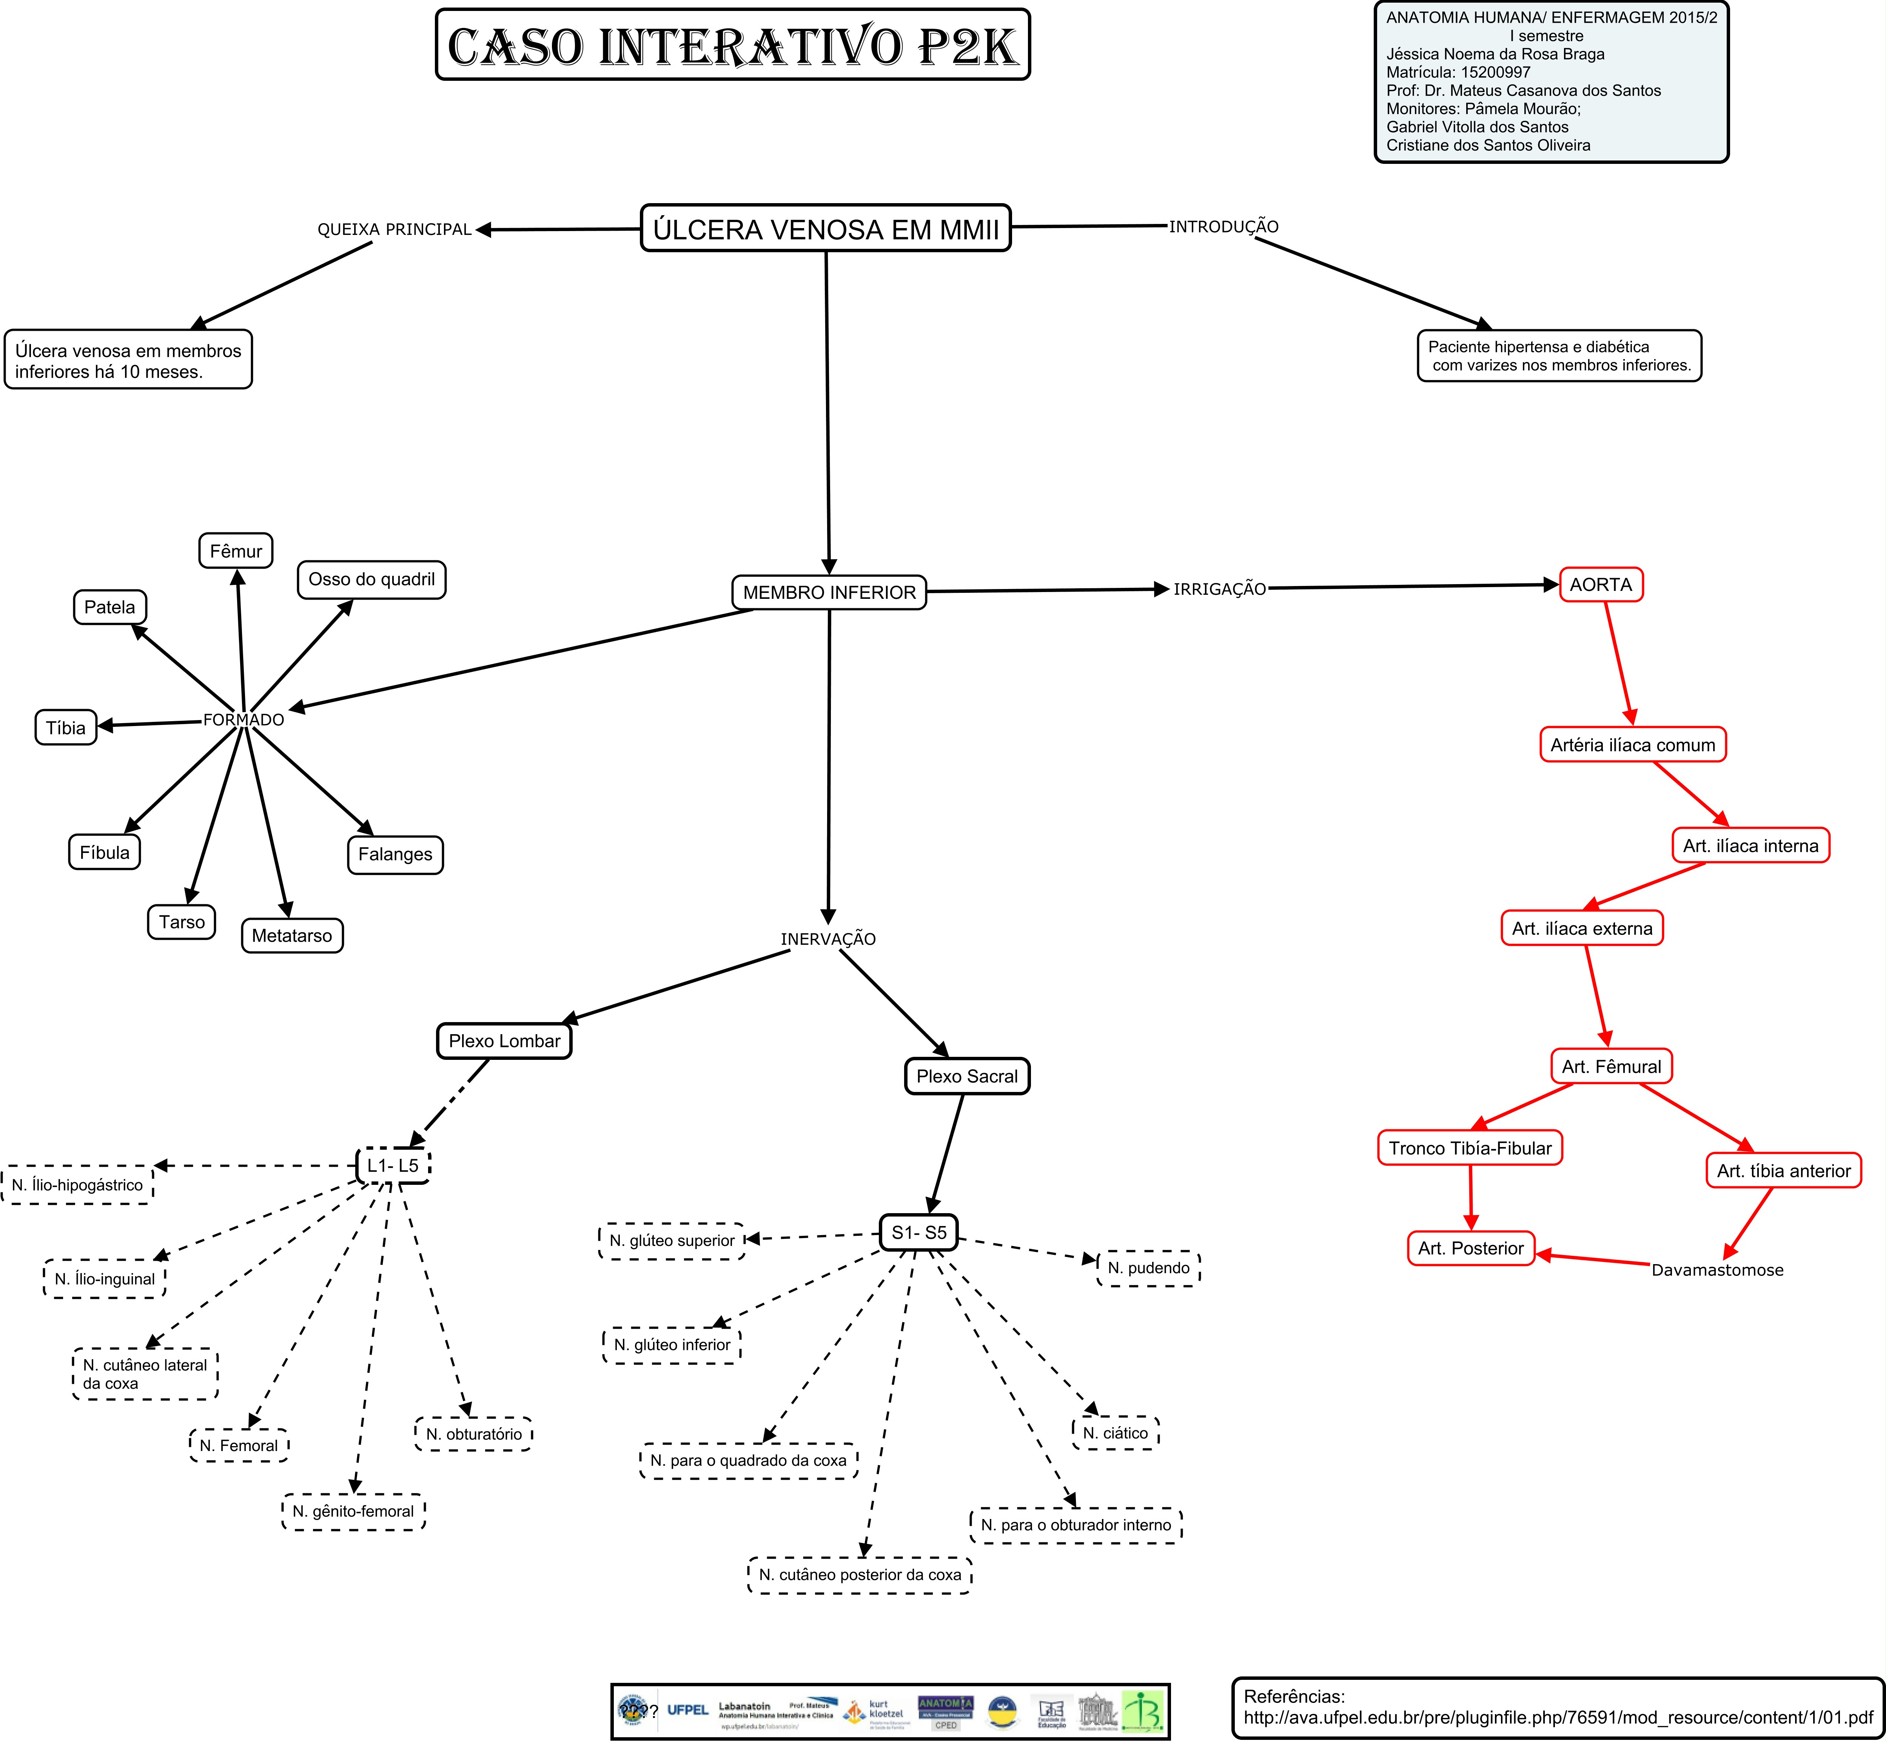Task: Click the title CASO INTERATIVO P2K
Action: (733, 45)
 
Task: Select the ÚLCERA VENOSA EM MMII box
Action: (825, 229)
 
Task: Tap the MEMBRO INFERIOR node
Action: (829, 592)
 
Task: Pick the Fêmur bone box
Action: (236, 551)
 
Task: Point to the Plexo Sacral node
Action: (966, 1076)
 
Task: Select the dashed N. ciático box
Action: (1116, 1433)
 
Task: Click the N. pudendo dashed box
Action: (1148, 1268)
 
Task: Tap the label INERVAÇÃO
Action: (828, 939)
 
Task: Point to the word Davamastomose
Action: (1717, 1270)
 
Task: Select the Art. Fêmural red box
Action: (1611, 1066)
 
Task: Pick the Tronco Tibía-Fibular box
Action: (1470, 1149)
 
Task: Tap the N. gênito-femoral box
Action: (353, 1511)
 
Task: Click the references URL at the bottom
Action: (1558, 1718)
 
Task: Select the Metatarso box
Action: (292, 936)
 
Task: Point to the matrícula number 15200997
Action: (1496, 72)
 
